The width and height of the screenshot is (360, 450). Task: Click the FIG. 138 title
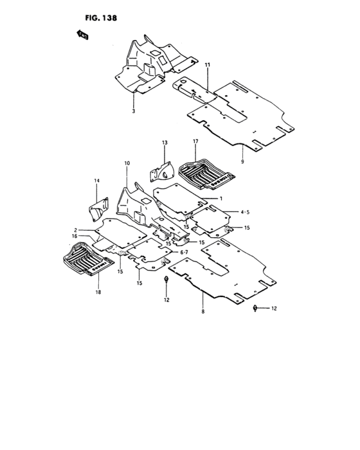101,18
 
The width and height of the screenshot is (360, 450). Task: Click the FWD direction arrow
82,35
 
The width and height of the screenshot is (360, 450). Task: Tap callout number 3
134,111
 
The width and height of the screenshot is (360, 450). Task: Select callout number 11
207,65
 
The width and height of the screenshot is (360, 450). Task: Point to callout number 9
242,161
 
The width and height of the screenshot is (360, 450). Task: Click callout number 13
165,143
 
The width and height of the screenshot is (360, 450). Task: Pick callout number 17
195,141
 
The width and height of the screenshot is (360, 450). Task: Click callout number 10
127,163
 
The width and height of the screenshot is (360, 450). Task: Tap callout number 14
96,181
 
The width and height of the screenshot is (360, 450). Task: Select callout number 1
221,198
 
